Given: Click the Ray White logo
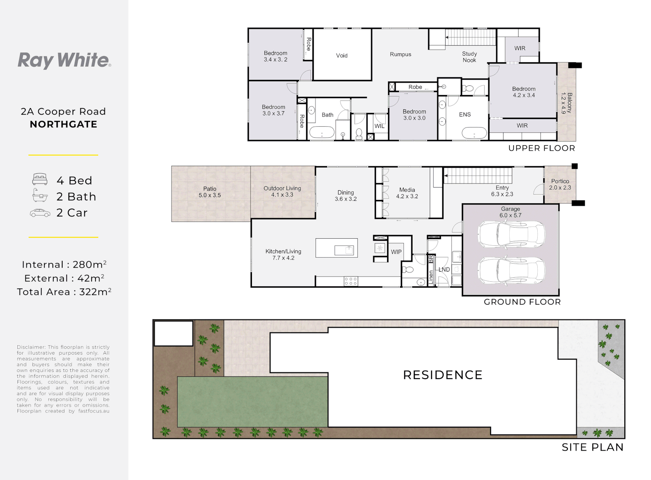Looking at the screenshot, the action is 64,60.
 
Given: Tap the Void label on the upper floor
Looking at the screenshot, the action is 342,56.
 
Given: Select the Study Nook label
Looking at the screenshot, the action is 469,57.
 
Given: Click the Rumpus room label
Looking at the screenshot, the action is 400,54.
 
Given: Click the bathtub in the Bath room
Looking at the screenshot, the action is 322,132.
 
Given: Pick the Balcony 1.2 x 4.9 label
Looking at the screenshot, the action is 567,103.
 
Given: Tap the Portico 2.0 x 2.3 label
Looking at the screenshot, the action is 560,184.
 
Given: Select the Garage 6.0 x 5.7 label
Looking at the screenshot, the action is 510,212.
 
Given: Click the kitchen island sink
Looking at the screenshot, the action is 344,250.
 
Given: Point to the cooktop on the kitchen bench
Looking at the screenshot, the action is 351,281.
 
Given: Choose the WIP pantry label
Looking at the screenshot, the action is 396,252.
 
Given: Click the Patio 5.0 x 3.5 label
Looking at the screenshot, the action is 210,192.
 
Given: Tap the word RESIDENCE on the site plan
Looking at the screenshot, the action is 443,375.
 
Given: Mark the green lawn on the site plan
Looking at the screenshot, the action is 252,402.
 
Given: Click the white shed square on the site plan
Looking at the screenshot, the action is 173,333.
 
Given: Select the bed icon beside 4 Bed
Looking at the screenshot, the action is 40,179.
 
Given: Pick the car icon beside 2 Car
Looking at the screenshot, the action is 40,213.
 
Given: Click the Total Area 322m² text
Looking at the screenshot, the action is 64,292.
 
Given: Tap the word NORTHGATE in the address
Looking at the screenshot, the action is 64,124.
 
